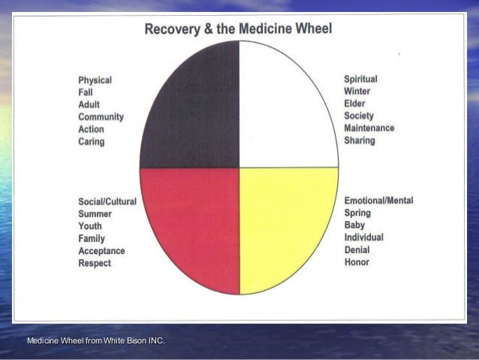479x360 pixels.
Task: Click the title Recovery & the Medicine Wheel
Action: tap(239, 29)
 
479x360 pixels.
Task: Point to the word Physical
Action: tap(95, 80)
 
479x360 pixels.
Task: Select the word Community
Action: tap(101, 117)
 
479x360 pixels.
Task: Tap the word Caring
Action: tap(92, 141)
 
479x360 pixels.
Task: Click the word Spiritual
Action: tap(360, 79)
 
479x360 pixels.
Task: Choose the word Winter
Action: tap(357, 91)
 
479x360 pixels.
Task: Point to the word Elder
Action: tap(355, 104)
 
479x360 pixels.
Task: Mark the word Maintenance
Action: tap(369, 128)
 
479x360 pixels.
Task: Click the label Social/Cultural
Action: tap(107, 202)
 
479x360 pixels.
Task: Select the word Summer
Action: tap(95, 214)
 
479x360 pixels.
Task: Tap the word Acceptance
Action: tap(101, 251)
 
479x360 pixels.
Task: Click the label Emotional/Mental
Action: tap(378, 201)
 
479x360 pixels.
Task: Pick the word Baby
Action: tap(354, 225)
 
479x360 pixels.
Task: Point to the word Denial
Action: tap(357, 250)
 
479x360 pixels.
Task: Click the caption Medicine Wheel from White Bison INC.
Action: tap(96, 343)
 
